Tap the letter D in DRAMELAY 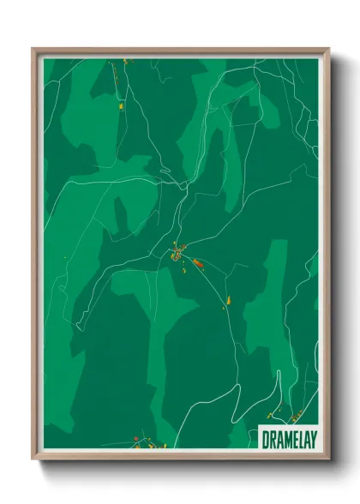(x=265, y=438)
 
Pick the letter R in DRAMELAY (x=272, y=438)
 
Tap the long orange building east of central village (x=196, y=263)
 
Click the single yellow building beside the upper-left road (x=122, y=106)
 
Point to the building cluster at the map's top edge (x=126, y=62)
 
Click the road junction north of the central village (x=183, y=184)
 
